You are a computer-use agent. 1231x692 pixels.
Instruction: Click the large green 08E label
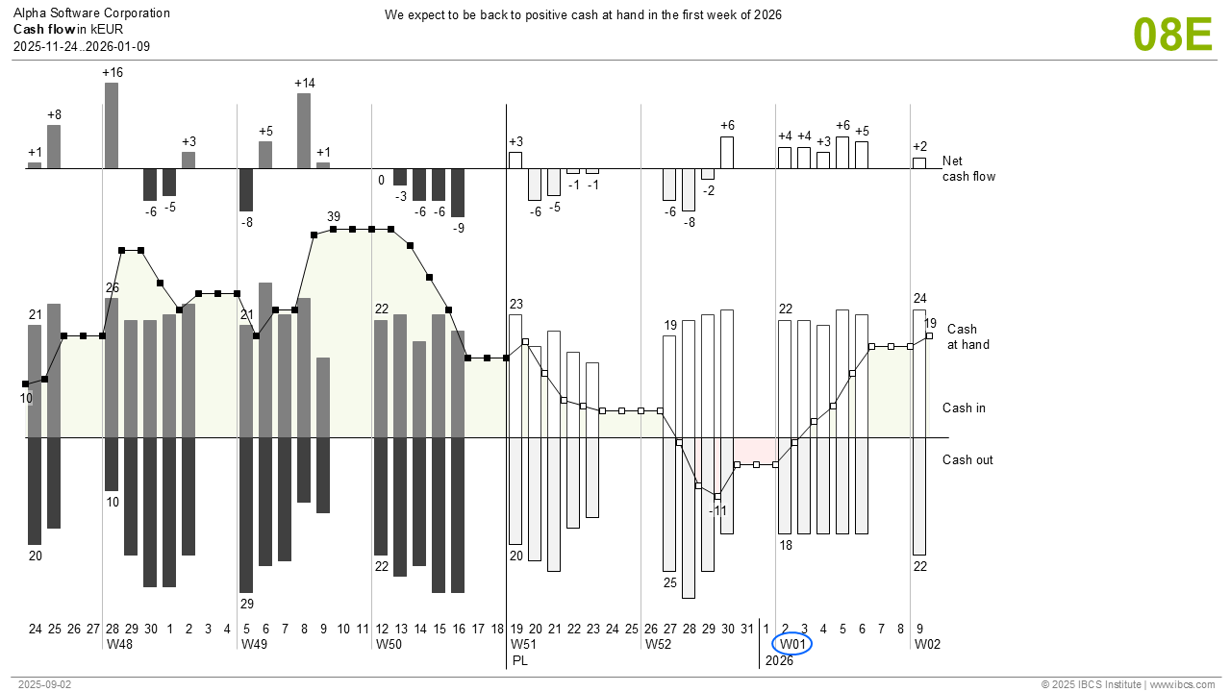coord(1172,35)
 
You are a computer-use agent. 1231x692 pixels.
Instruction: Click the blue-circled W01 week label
coord(791,644)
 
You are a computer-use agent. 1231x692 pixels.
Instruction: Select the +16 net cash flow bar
coord(112,125)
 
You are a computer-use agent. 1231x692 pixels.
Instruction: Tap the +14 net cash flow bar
coord(304,131)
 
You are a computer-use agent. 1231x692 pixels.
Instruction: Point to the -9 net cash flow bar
coord(458,193)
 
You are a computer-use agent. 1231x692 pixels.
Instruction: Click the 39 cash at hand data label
coord(334,216)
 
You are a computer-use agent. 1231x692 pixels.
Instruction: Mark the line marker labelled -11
coord(717,496)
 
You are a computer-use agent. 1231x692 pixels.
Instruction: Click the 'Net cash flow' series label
coord(968,168)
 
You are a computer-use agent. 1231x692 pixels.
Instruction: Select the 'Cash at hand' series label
coord(967,336)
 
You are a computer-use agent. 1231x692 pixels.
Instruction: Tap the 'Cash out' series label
coord(967,459)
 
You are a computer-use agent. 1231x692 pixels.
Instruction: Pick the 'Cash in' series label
coord(964,408)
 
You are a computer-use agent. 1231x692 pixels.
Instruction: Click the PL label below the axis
coord(520,660)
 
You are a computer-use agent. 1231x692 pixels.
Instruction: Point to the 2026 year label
coord(779,660)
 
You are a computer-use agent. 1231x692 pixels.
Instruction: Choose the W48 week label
coord(119,644)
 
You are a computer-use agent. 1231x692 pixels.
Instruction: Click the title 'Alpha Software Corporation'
coord(91,13)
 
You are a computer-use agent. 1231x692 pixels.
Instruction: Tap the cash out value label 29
coord(246,604)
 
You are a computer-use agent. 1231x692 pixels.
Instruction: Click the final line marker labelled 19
coord(929,335)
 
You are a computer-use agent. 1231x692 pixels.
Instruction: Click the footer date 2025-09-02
coord(44,684)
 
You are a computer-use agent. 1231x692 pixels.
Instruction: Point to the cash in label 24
coord(919,298)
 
